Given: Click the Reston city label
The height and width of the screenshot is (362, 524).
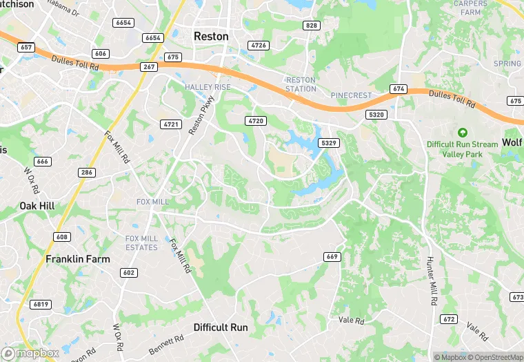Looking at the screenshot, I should pyautogui.click(x=210, y=36).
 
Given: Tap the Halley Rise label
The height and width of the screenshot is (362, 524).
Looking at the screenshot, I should pyautogui.click(x=208, y=86).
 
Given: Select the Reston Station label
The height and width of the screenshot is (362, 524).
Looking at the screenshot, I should pyautogui.click(x=301, y=84).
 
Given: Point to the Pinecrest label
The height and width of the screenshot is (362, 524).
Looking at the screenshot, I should pyautogui.click(x=351, y=95).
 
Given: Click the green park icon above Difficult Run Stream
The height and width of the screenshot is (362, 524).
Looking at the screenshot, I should pyautogui.click(x=462, y=132).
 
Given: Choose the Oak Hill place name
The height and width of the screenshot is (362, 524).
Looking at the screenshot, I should pyautogui.click(x=37, y=206).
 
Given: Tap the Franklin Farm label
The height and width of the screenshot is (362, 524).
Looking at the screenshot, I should pyautogui.click(x=78, y=259).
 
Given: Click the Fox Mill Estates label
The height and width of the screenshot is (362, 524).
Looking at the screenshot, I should pyautogui.click(x=141, y=242).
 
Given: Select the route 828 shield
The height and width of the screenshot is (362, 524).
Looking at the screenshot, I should pyautogui.click(x=311, y=26).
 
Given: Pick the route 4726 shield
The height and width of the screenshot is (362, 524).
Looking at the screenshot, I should pyautogui.click(x=259, y=45).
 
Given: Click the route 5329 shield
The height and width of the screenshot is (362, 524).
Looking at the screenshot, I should pyautogui.click(x=328, y=142).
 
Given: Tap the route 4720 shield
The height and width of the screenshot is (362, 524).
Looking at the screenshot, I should pyautogui.click(x=254, y=121).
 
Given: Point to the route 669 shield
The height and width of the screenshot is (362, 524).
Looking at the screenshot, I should pyautogui.click(x=332, y=257).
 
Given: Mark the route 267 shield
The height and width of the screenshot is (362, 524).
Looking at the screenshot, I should pyautogui.click(x=149, y=67).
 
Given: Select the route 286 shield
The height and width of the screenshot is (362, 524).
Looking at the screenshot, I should pyautogui.click(x=87, y=173).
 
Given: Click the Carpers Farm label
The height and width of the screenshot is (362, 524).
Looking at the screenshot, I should pyautogui.click(x=470, y=8).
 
